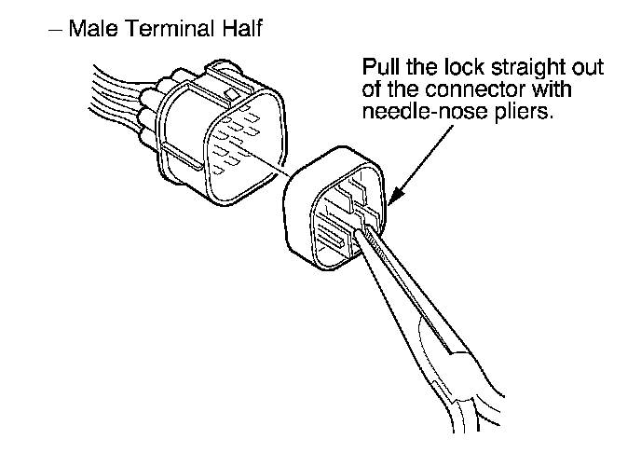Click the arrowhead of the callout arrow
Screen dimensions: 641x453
pos(395,199)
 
